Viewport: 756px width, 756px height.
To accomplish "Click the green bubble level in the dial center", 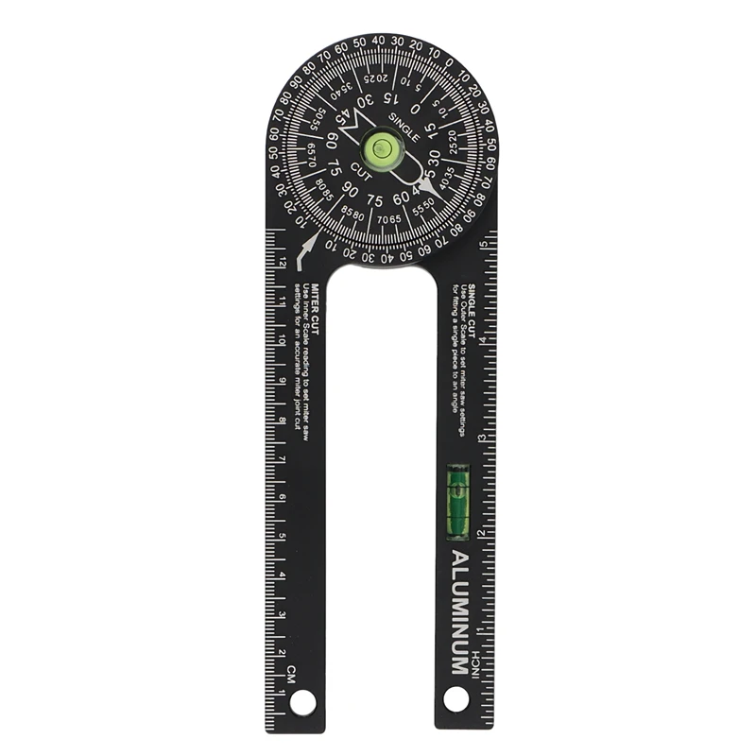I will pos(382,146).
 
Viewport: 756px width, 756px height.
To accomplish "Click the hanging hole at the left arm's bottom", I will pos(302,701).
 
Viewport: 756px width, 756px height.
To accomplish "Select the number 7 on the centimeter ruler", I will pos(283,458).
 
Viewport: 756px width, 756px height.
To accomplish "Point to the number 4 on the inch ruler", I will pos(483,341).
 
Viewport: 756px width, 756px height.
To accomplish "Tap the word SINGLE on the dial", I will pos(404,125).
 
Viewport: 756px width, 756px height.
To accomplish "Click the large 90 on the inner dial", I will pos(350,189).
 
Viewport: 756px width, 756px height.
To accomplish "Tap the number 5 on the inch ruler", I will pos(483,245).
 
